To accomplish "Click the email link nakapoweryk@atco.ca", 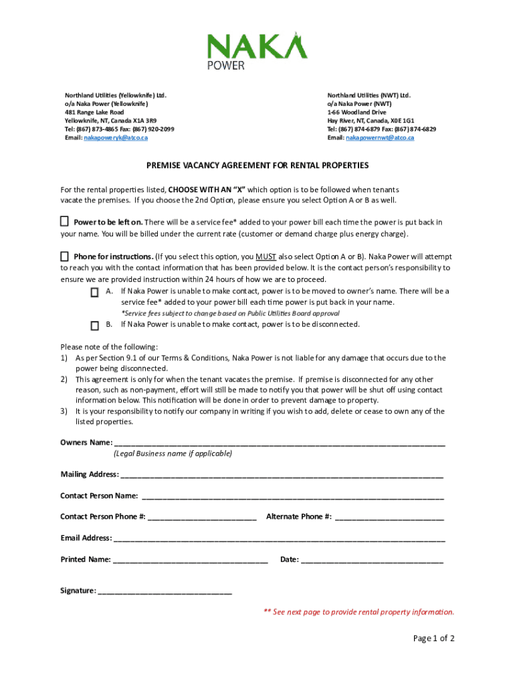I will click(115, 137).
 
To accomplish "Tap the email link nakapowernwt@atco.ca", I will click(380, 137).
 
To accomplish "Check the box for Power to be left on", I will click(65, 222).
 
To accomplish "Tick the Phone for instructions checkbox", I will click(65, 257).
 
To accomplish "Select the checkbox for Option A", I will click(95, 292).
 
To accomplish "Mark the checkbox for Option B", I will click(95, 325).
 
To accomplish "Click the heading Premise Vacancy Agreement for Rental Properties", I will click(257, 165).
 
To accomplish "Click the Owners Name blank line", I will click(280, 442).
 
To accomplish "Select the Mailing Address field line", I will click(282, 474).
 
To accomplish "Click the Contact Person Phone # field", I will click(202, 517).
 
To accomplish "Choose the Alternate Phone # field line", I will click(389, 517).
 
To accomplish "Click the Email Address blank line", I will click(279, 538).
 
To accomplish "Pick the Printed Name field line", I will click(191, 559).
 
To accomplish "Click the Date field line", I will click(372, 559).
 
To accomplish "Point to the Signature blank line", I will click(165, 591).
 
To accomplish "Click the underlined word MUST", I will click(266, 257).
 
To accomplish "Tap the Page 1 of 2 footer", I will click(433, 638).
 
